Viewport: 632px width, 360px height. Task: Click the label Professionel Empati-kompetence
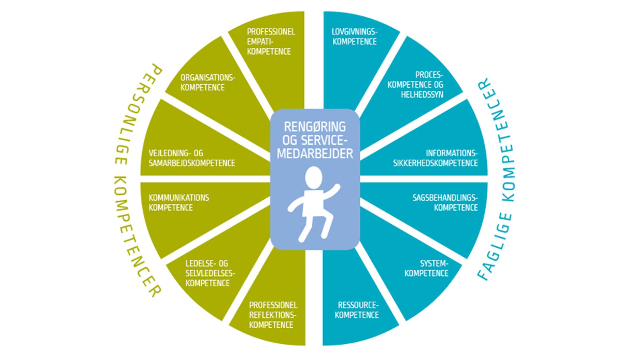point(271,42)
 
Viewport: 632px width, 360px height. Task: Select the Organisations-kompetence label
point(208,82)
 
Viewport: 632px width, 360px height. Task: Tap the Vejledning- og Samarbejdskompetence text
point(192,158)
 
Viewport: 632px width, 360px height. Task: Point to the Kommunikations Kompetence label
point(178,203)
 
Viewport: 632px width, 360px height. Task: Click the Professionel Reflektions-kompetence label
point(273,315)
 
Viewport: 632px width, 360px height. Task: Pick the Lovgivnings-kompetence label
point(355,37)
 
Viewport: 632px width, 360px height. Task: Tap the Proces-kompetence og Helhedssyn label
point(416,85)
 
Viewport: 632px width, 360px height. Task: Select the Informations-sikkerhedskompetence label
point(435,158)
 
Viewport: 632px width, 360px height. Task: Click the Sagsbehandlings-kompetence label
point(445,203)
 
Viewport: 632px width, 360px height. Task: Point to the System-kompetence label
point(427,268)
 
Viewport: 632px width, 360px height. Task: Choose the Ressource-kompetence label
point(357,310)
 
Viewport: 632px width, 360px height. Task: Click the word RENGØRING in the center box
point(315,127)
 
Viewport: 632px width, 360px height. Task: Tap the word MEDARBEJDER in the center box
point(315,153)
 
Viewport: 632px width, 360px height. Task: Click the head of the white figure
point(313,177)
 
